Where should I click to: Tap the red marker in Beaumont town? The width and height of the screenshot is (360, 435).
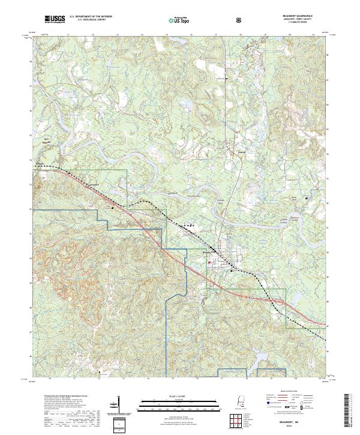[209, 262]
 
